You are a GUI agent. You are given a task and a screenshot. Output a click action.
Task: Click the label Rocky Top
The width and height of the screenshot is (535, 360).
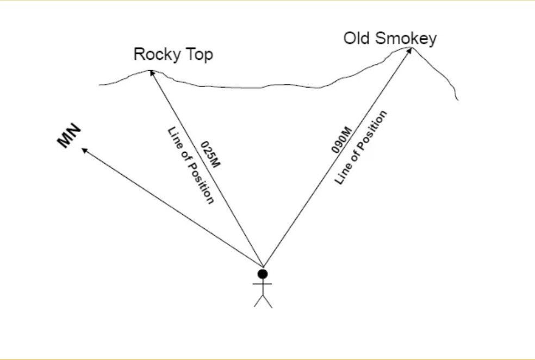173,55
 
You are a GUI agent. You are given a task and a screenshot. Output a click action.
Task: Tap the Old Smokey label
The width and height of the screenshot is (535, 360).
390,39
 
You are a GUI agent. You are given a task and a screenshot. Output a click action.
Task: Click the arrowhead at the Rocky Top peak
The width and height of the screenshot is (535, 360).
152,72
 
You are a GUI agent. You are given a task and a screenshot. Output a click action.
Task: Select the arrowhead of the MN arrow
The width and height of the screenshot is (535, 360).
83,149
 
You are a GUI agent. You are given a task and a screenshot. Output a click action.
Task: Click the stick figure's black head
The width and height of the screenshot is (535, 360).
263,273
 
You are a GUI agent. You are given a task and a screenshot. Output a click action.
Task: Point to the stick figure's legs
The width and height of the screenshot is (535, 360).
263,301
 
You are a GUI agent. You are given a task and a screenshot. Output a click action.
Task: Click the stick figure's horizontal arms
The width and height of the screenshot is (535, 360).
262,284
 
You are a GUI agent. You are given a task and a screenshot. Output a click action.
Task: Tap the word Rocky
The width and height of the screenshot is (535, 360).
155,55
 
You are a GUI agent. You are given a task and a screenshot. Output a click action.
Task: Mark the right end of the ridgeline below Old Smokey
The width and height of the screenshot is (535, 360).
458,100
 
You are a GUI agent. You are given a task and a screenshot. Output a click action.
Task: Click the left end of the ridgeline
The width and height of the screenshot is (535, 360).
99,85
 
